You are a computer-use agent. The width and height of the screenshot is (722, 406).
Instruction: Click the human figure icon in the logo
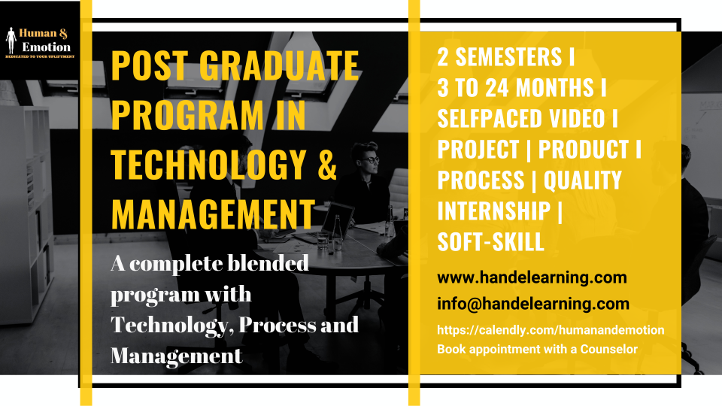(x=11, y=41)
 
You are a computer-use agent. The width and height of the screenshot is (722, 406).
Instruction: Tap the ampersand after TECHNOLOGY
(x=327, y=165)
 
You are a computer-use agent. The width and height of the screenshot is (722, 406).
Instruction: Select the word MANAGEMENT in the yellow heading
(x=213, y=214)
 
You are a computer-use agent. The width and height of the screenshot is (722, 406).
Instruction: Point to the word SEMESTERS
(x=509, y=57)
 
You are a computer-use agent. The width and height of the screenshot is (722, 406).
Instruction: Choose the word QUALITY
(x=582, y=180)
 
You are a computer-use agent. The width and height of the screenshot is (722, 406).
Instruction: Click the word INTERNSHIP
(x=494, y=211)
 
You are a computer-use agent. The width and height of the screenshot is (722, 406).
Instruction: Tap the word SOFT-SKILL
(x=491, y=241)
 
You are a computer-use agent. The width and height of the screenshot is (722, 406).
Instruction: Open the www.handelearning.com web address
(x=532, y=277)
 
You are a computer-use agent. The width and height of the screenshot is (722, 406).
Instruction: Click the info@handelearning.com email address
(x=533, y=304)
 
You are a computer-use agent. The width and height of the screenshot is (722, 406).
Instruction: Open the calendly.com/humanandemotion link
(x=551, y=330)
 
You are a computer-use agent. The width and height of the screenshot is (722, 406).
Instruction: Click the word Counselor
(x=608, y=349)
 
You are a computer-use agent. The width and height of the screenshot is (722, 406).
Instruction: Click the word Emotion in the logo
(x=47, y=47)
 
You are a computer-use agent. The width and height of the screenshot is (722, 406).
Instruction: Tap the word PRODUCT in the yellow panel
(x=584, y=149)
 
